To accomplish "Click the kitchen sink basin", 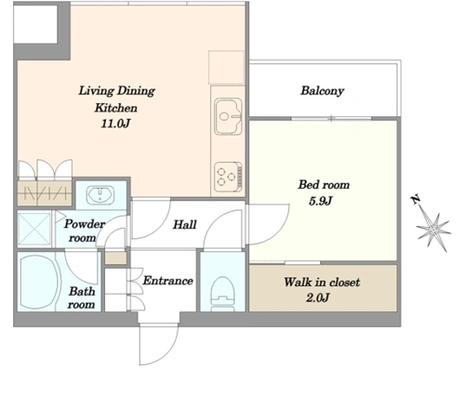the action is click(x=228, y=116).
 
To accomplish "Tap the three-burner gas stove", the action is click(x=229, y=177).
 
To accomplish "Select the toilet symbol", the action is click(x=222, y=293).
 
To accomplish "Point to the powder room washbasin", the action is click(x=100, y=194).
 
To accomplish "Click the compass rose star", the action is click(x=433, y=230).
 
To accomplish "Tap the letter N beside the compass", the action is click(x=416, y=199).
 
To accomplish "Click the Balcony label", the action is click(x=323, y=91).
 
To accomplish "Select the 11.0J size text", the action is click(x=115, y=124).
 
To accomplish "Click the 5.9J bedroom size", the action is click(x=321, y=201).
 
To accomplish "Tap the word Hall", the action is click(x=184, y=225).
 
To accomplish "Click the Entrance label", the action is click(x=167, y=281).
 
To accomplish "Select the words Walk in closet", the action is click(x=322, y=282).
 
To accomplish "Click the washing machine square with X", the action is click(x=34, y=229).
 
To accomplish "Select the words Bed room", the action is click(x=324, y=185).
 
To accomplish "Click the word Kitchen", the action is click(x=116, y=108).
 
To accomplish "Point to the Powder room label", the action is click(x=85, y=231).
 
